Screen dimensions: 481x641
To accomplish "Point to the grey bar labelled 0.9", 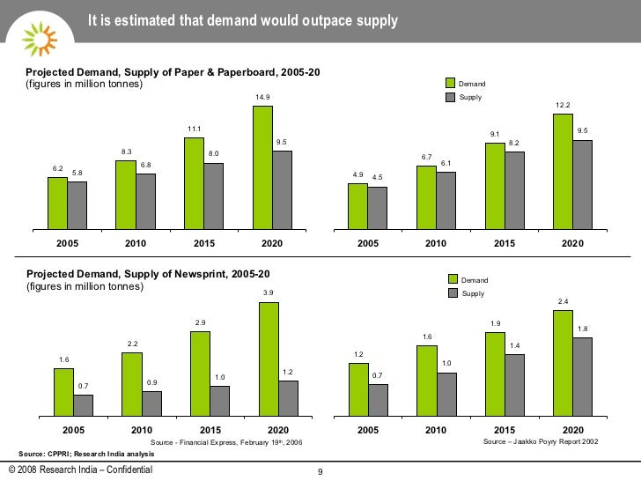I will point(151,403).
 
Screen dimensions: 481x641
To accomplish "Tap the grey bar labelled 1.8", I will point(582,376).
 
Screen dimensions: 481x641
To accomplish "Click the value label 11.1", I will point(194,129).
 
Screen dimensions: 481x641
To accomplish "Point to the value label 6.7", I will point(426,158).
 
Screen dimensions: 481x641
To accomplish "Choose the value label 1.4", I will point(514,345).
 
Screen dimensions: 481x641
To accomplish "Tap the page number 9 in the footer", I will point(320,473).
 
